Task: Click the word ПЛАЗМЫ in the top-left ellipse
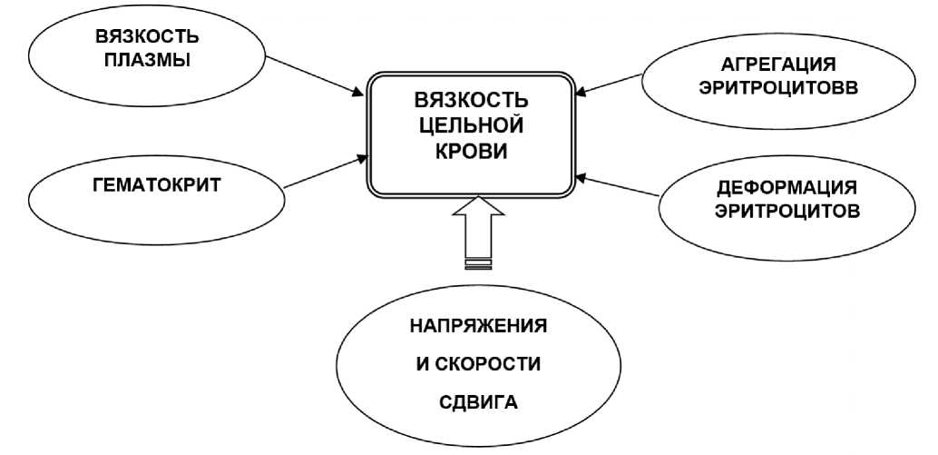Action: [x=148, y=62]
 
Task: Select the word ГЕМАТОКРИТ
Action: [x=159, y=183]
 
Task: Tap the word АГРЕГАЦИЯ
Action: [x=777, y=65]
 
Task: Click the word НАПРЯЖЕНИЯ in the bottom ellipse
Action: [x=478, y=325]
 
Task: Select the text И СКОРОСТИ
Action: [x=478, y=364]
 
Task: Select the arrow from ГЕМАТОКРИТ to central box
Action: [x=324, y=173]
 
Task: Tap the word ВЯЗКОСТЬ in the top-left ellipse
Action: [x=148, y=38]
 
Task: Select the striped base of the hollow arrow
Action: [x=478, y=263]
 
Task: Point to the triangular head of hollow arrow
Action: [x=478, y=208]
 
